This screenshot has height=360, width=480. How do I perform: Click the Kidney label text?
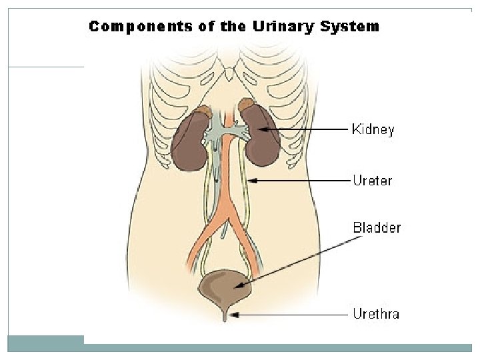coord(373,129)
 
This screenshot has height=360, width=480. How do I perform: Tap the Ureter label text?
coord(372,180)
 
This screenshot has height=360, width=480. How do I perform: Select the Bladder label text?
coord(377,228)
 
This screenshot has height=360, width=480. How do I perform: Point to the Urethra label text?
coord(375,313)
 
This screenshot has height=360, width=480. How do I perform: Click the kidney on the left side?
coord(191,142)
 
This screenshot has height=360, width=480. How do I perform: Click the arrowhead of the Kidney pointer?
coord(263,129)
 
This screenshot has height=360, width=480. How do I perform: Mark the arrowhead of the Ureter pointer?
coord(252,180)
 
